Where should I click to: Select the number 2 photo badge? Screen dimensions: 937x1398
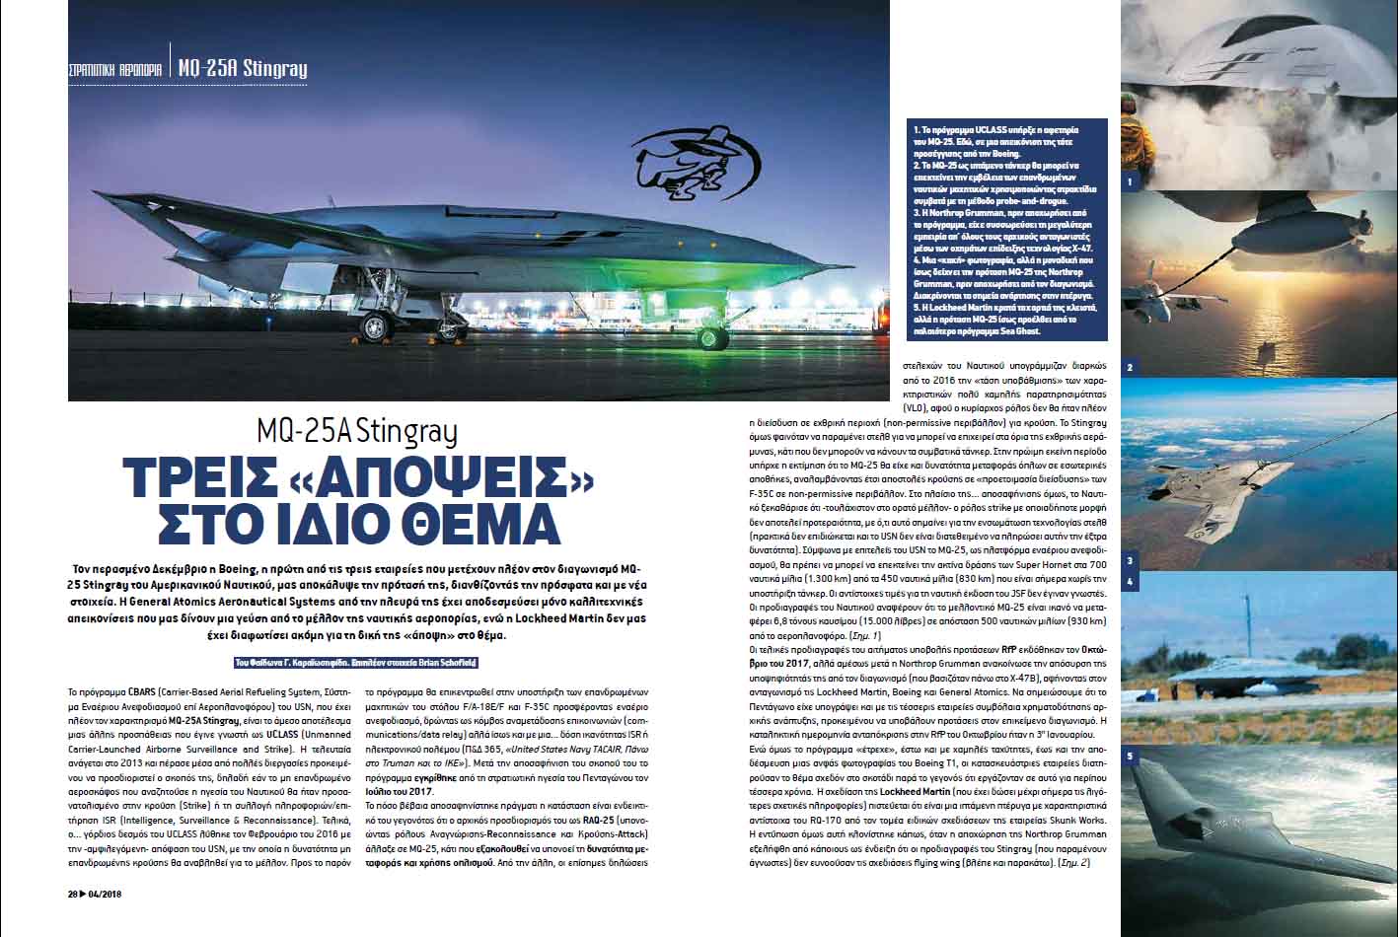1131,368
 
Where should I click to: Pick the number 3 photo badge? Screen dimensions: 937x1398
1131,560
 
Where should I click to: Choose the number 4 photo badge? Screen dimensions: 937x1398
1131,582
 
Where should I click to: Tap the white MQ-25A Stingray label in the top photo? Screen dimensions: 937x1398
243,68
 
